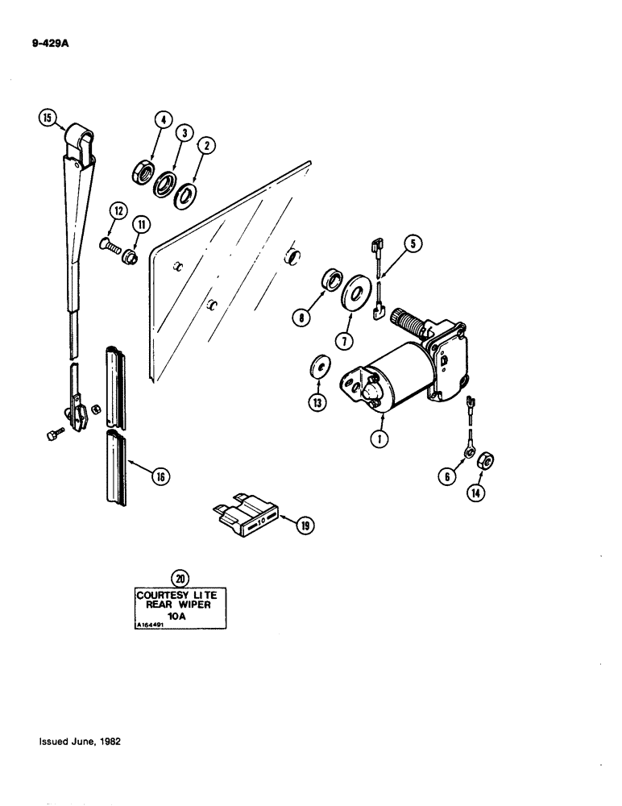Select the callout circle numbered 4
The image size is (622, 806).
click(164, 122)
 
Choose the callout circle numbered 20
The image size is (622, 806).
click(180, 576)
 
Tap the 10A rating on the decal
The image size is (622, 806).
click(180, 616)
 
